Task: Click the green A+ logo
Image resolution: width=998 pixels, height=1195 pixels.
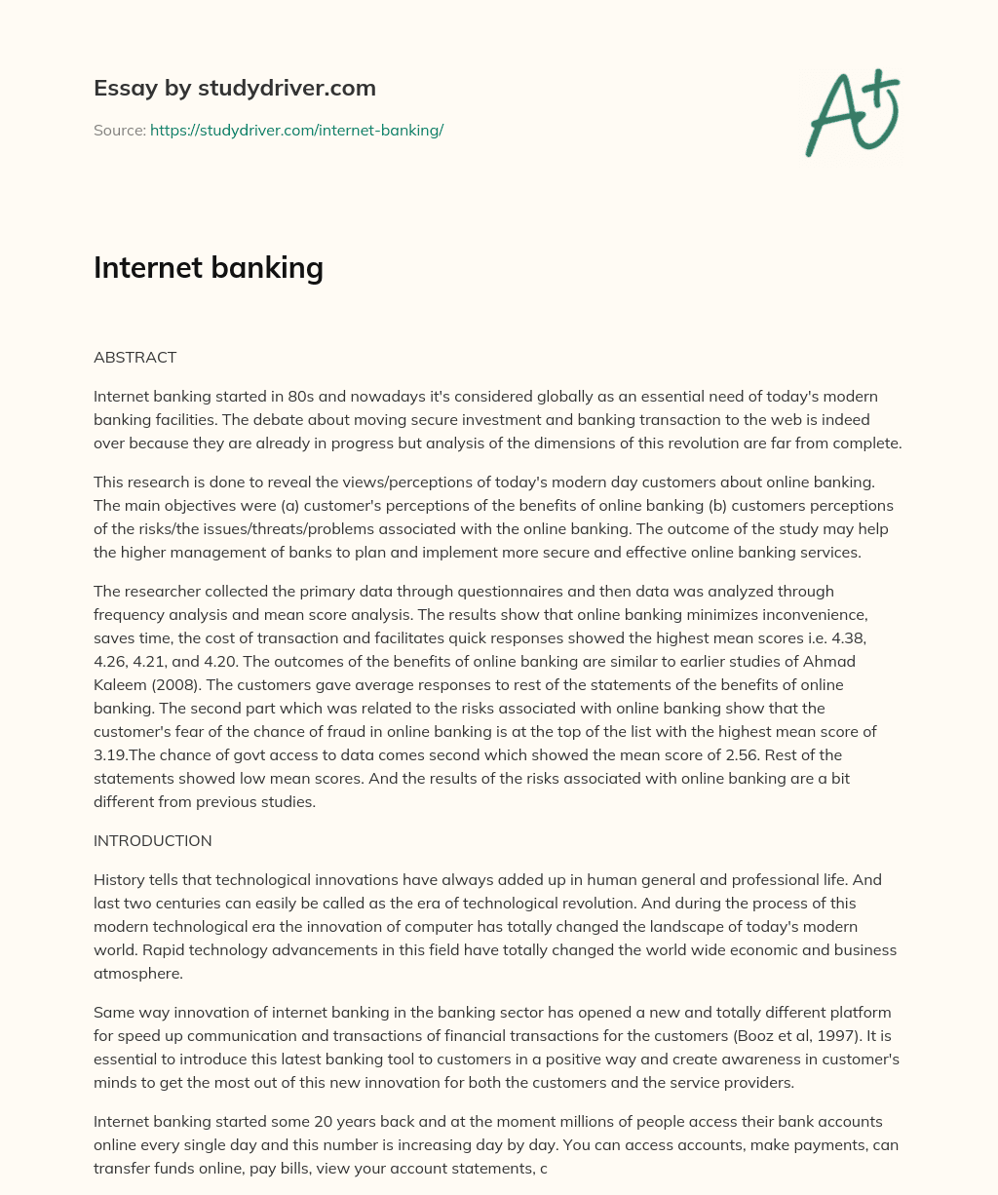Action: (852, 113)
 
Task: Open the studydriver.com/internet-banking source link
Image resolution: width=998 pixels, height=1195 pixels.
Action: (296, 130)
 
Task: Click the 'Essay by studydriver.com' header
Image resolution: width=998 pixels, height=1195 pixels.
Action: (234, 88)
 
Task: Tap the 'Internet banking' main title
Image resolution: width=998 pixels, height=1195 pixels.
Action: (208, 266)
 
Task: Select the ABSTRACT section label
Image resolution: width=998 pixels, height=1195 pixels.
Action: (134, 357)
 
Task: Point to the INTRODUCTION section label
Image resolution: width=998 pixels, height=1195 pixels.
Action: (152, 840)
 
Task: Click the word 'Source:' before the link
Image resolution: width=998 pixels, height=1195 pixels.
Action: (119, 130)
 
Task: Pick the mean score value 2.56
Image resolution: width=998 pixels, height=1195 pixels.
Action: (724, 754)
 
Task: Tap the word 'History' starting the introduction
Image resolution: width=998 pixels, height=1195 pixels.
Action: (119, 879)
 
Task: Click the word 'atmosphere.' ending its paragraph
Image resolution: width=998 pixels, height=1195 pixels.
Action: (137, 973)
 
